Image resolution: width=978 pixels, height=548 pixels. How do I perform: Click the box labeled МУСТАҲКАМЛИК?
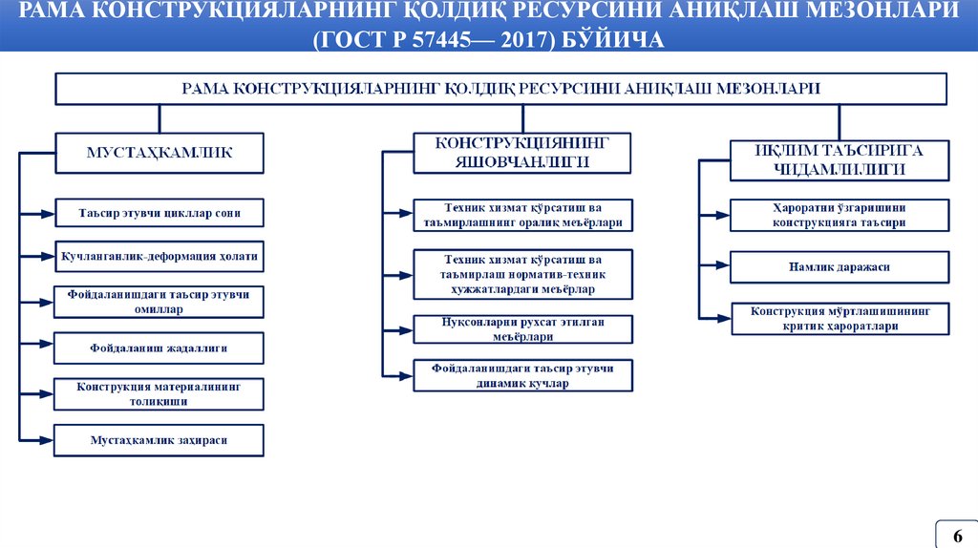coord(159,152)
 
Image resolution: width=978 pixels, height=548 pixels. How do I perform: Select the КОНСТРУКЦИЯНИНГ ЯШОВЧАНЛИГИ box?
coord(522,152)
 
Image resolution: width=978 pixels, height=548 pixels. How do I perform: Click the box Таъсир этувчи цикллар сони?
coord(159,213)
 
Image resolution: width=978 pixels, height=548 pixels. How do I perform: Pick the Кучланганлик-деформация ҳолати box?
coord(159,257)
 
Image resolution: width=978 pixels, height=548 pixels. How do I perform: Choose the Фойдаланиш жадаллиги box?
coord(159,348)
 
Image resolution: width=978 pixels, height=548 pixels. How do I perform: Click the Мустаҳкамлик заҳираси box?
coord(159,440)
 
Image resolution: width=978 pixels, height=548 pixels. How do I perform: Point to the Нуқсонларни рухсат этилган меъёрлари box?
coord(522,328)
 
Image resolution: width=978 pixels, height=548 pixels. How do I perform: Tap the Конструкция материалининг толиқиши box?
coord(159,394)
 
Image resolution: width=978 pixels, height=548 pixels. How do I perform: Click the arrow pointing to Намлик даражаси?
coord(716,267)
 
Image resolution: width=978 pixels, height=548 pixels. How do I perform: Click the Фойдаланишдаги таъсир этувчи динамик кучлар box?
coord(522,375)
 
